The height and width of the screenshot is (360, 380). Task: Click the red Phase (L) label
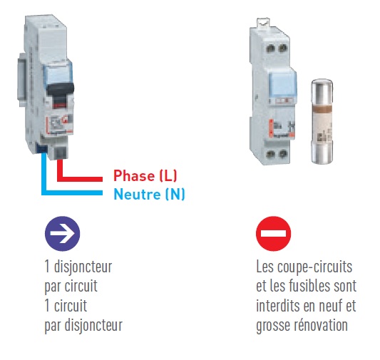tap(145, 175)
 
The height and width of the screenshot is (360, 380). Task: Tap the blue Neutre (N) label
tap(149, 194)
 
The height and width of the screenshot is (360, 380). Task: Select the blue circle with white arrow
tap(62, 233)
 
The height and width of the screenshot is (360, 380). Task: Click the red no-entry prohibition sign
tap(273, 234)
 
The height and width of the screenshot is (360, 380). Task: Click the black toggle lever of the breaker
tap(61, 89)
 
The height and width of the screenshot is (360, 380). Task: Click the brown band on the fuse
tap(322, 109)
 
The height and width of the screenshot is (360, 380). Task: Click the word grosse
tap(272, 326)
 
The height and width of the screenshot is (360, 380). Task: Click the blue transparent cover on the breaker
tap(58, 73)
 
